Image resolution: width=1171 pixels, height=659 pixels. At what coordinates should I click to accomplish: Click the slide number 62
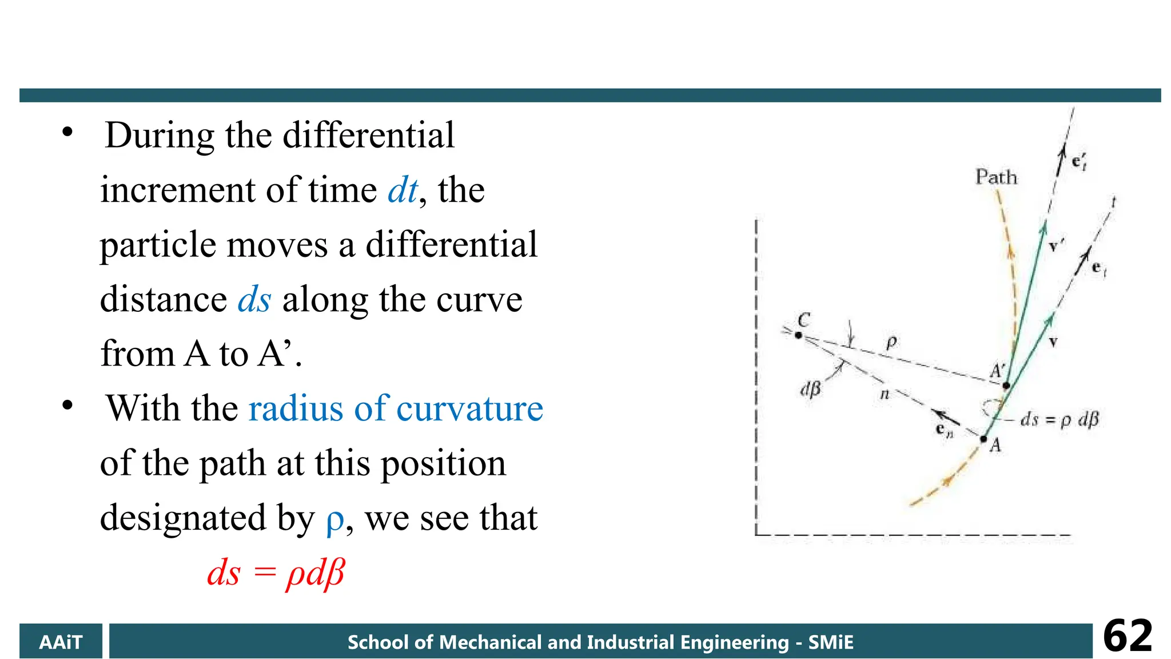tap(1127, 636)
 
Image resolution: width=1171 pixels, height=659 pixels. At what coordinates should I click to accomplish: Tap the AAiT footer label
tap(61, 642)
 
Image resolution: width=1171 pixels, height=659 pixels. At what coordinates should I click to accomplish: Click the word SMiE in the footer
tap(830, 642)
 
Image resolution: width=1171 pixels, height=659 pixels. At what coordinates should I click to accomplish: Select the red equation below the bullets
tap(276, 573)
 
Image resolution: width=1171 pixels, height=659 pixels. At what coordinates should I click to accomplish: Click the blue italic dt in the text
tap(403, 190)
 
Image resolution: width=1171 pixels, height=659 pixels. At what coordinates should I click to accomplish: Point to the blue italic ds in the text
tap(254, 299)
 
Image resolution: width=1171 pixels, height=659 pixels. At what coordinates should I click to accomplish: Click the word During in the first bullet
tap(160, 136)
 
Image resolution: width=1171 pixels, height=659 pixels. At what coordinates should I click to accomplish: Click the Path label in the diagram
tap(996, 177)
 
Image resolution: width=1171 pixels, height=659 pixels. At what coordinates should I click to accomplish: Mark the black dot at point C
tap(798, 335)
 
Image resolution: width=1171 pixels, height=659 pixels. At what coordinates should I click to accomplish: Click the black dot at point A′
tap(1006, 386)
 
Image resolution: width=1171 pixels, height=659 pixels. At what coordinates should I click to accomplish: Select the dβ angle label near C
tap(810, 390)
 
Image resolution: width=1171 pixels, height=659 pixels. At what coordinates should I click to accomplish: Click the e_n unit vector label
tap(944, 430)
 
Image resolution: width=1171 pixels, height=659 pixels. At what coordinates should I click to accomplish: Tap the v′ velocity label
tap(1056, 245)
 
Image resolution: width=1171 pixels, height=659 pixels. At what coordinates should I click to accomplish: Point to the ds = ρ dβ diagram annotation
tap(1060, 420)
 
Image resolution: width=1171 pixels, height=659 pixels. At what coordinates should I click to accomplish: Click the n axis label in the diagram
tap(885, 394)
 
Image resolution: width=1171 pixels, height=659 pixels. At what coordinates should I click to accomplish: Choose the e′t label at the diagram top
tap(1079, 162)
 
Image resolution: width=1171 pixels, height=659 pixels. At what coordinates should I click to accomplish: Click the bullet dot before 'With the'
tap(67, 406)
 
